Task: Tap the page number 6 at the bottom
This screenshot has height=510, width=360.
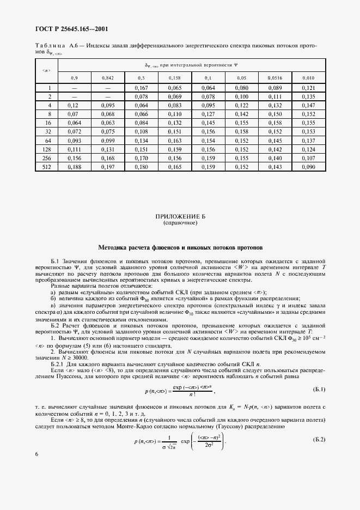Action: [x=36, y=469]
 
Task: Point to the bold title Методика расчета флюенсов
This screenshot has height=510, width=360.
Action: [x=180, y=247]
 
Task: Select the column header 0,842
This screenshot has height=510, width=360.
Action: [x=108, y=78]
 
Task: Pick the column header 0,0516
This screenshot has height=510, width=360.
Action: [x=276, y=78]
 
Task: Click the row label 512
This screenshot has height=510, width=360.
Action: [x=46, y=167]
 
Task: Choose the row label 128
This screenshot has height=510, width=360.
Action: [x=46, y=149]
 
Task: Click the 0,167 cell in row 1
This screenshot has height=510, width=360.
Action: [x=141, y=88]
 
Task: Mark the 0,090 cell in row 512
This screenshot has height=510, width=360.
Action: [x=308, y=167]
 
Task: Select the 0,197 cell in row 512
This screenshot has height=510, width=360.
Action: [x=108, y=167]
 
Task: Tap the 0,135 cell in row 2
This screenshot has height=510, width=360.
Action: [x=308, y=96]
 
